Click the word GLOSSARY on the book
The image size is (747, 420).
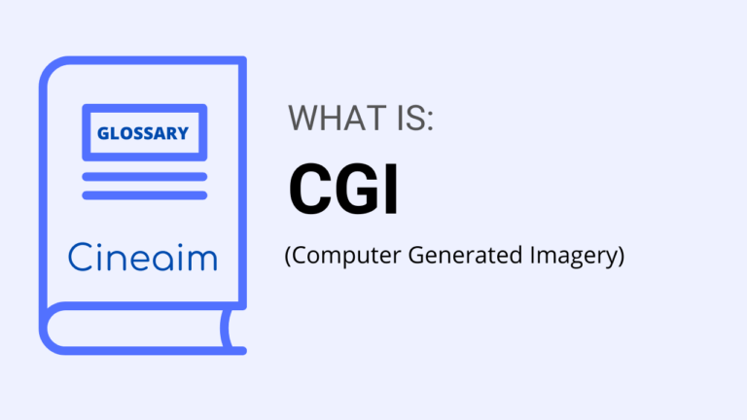142,133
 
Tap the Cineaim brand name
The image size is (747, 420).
143,257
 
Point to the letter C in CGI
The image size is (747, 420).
310,190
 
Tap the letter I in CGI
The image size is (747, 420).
391,190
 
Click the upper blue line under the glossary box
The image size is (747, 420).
144,177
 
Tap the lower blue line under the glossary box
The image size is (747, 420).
144,195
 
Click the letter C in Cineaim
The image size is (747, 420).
80,257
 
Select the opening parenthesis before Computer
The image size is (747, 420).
288,258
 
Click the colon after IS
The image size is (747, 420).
429,122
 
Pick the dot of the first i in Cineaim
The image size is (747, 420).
98,243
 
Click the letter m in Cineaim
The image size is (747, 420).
203,260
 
